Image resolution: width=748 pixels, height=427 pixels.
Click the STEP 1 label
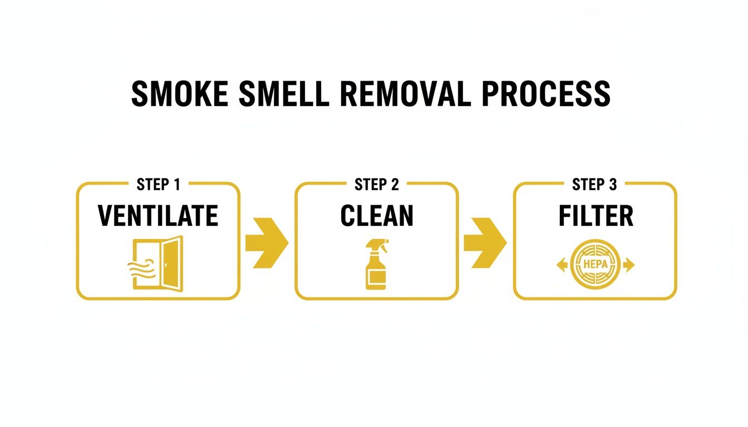tap(158, 185)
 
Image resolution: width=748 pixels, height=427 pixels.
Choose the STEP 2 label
tap(377, 185)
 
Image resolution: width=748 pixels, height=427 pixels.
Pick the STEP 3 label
tap(595, 185)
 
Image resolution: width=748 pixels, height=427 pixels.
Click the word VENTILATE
tap(158, 216)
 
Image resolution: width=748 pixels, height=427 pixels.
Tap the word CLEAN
tap(377, 216)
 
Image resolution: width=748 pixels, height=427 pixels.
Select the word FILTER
tap(596, 216)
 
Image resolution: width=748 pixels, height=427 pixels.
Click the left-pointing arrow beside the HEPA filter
tap(562, 266)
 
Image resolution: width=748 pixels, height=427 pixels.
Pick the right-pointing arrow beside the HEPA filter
tap(629, 266)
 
